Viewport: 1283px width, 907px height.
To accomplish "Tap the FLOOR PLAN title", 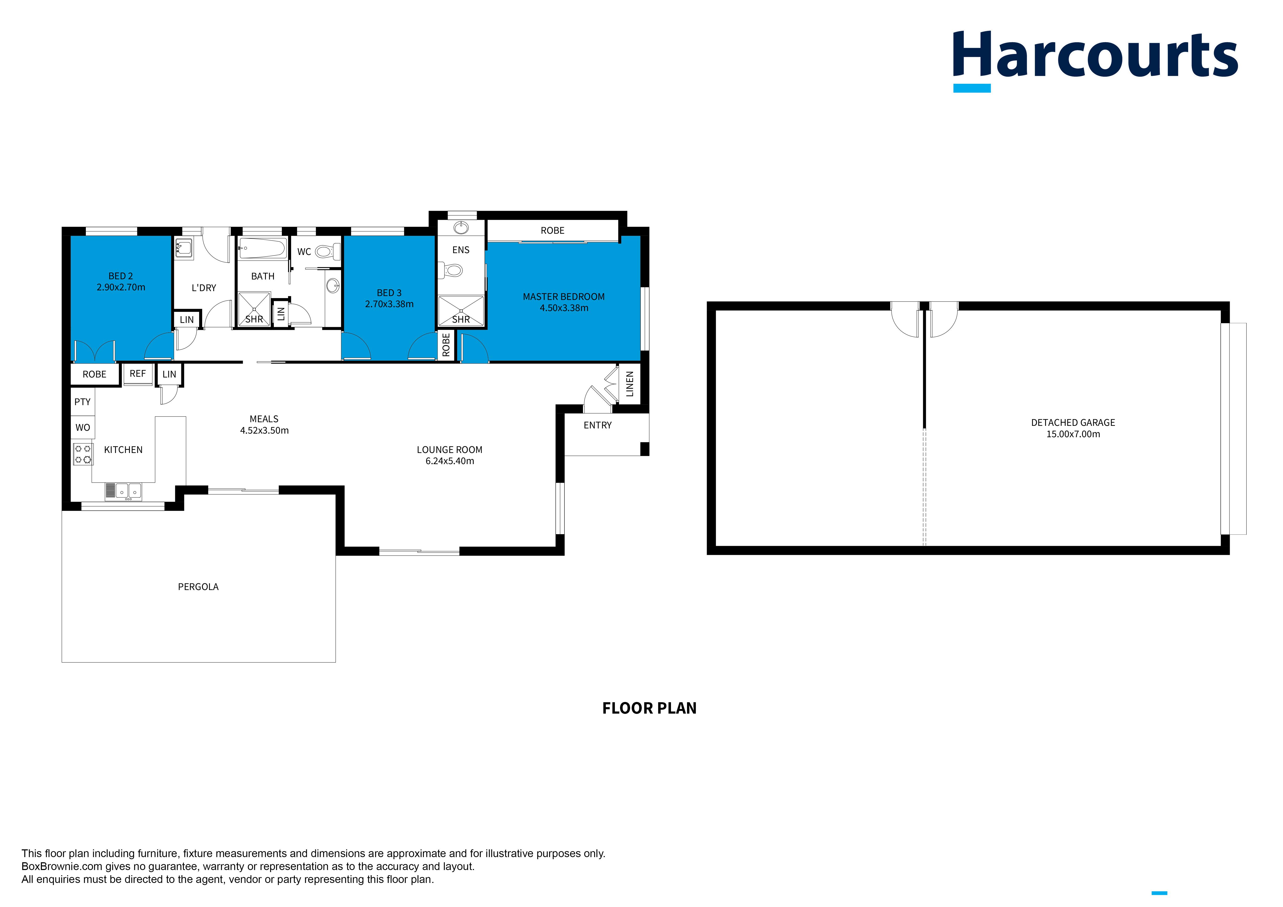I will click(x=649, y=708).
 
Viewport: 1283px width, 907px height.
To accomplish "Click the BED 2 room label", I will click(x=121, y=276).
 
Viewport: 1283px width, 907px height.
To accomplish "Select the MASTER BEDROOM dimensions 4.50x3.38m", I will click(x=564, y=308).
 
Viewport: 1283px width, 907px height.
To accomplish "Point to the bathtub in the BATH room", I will click(x=262, y=248).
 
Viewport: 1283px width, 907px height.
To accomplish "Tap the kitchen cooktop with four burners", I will click(x=83, y=454).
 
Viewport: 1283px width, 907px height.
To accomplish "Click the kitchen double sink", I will click(x=129, y=491).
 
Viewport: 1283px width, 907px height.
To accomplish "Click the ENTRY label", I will click(x=597, y=425).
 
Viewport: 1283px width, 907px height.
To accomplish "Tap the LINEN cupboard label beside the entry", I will click(x=630, y=384).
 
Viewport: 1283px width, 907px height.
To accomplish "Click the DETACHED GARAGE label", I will click(x=1073, y=422).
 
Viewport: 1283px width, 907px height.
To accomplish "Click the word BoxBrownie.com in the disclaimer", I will click(x=62, y=866).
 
